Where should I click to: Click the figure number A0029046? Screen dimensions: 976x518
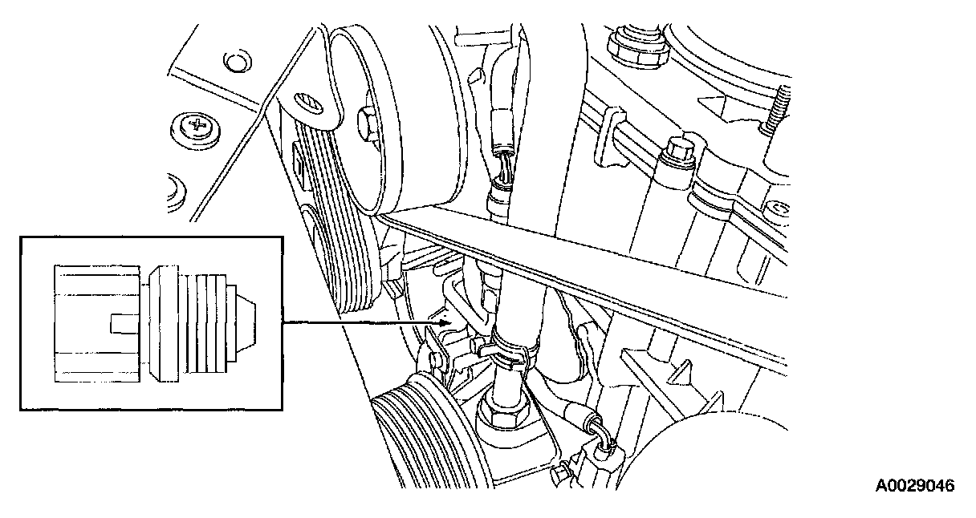point(915,486)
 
